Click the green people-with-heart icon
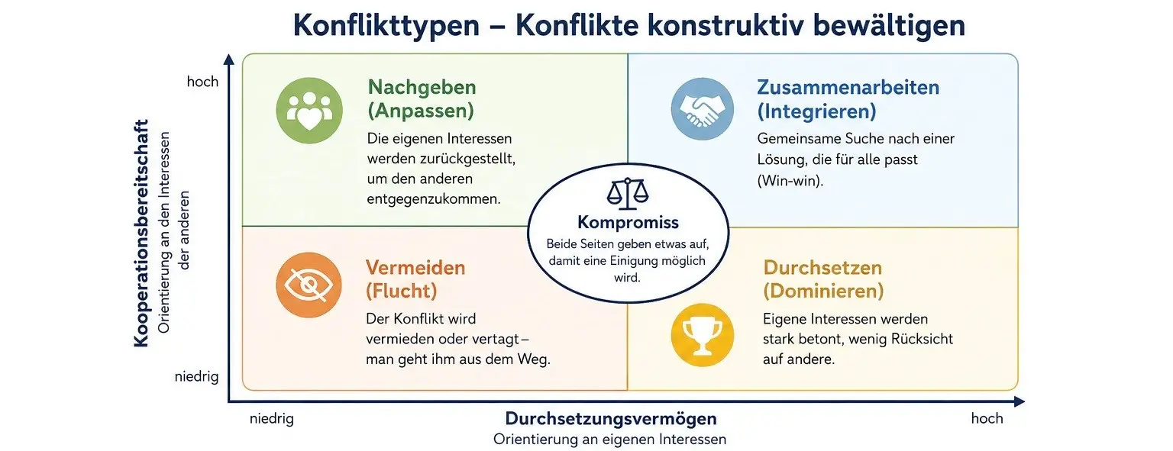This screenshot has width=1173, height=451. pos(309,111)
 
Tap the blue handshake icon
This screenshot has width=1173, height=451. pos(703,109)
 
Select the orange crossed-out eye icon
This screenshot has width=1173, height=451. pos(309,285)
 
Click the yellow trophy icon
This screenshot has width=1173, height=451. pos(703,335)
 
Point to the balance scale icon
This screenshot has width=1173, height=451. pos(627,194)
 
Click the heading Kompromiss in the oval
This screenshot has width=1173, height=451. pos(628,222)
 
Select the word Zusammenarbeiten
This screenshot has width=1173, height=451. pos(848,87)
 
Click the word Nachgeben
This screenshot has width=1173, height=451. pos(422,87)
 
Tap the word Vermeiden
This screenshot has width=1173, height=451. pos(415,268)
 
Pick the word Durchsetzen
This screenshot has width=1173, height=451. pos(822,268)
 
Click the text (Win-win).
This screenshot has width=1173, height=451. pos(790,181)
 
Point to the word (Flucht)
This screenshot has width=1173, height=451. pos(402,291)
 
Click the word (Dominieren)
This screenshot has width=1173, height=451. pos(823,291)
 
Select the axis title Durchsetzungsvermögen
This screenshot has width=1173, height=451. pos(611,418)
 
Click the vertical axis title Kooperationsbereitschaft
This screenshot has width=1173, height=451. pos(141,234)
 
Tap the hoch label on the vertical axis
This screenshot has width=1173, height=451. pos(202,82)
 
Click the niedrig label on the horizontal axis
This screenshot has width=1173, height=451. pos(272,418)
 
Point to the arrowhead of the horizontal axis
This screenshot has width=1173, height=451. pos(1019,402)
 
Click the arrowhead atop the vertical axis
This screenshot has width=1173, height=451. pos(229,59)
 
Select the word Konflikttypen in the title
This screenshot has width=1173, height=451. pos(386,26)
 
